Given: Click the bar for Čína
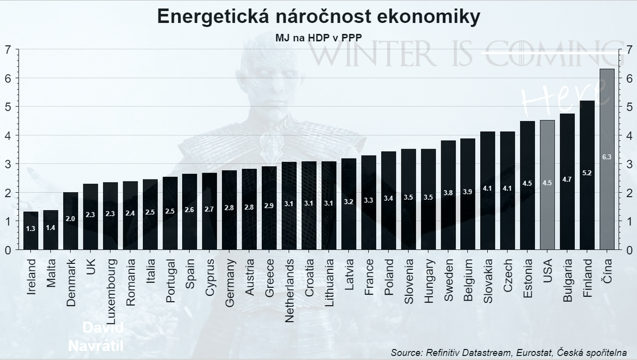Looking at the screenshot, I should [x=607, y=159].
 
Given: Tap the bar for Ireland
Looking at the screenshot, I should [x=31, y=230].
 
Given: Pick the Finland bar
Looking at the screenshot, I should [x=587, y=175].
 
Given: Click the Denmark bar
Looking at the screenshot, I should [x=71, y=220].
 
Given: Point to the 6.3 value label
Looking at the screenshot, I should [x=607, y=157].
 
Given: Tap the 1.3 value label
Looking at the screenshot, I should [x=31, y=228].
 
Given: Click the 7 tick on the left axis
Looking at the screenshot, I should [x=7, y=49].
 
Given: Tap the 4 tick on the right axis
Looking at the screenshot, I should [x=629, y=135].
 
